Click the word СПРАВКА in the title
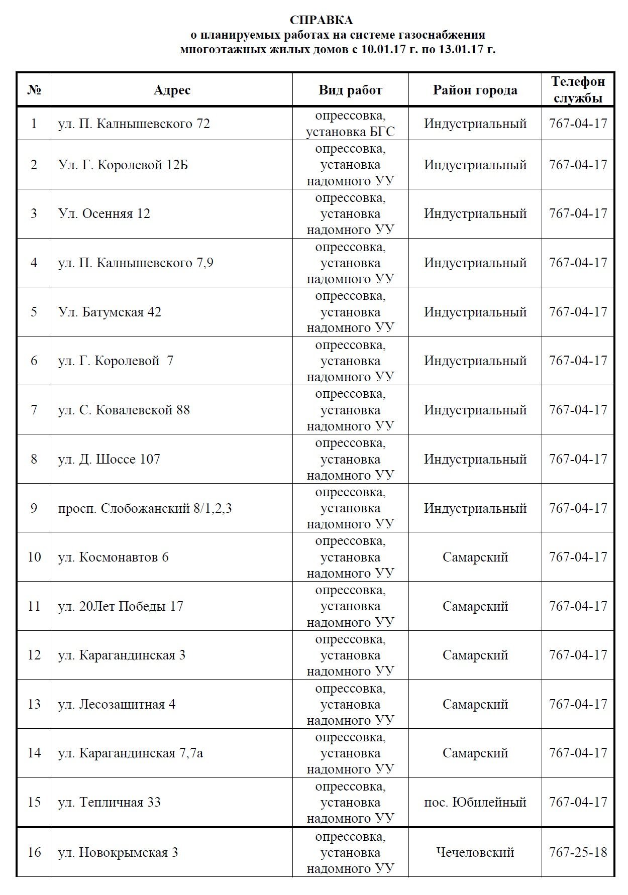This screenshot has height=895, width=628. [x=321, y=20]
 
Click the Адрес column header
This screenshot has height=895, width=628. [x=172, y=90]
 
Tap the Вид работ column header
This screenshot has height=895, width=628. [x=350, y=90]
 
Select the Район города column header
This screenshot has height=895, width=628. [x=475, y=90]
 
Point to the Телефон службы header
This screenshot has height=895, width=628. [x=578, y=89]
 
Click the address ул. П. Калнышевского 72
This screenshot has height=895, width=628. [x=134, y=124]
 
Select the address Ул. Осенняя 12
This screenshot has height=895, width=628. [x=104, y=213]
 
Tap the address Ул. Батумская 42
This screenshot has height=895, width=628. [x=110, y=312]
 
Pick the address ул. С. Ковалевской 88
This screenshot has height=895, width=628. [x=124, y=410]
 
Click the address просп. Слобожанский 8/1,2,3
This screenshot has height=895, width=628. [x=145, y=508]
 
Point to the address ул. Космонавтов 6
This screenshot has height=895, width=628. [x=114, y=557]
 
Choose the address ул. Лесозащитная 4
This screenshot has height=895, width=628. [x=117, y=704]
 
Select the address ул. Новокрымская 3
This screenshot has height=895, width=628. [x=118, y=852]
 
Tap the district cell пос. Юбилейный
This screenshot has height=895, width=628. [x=475, y=802]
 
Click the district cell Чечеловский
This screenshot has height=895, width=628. [x=475, y=852]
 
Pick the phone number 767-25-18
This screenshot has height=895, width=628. [x=578, y=852]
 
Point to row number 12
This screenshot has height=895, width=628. [x=34, y=655]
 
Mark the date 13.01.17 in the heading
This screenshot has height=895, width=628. [x=454, y=49]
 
